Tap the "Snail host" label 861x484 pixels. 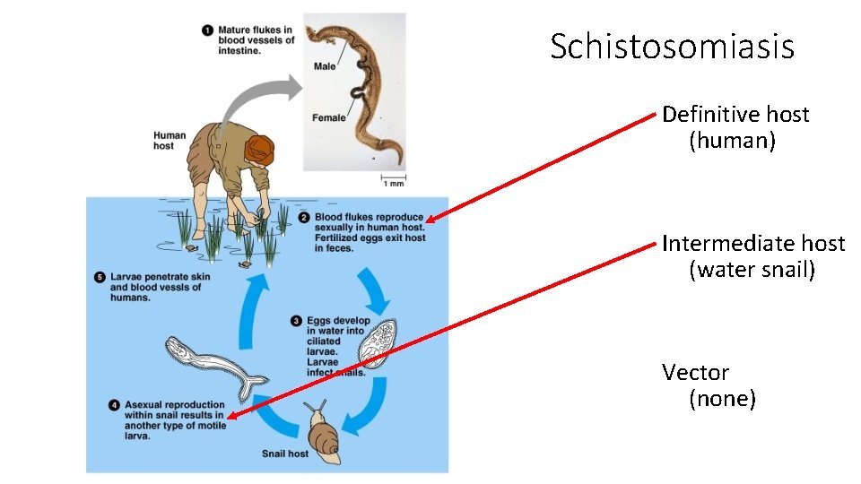(x=284, y=454)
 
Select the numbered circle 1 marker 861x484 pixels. (x=208, y=30)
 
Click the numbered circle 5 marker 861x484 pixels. (x=100, y=277)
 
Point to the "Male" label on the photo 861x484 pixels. (x=325, y=66)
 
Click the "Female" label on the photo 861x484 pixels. (x=328, y=117)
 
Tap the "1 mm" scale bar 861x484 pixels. (x=393, y=180)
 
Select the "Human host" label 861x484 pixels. (x=169, y=141)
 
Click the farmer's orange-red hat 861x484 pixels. (x=260, y=148)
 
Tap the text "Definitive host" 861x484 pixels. (x=735, y=115)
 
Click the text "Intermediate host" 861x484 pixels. (x=753, y=244)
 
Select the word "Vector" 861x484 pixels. (x=695, y=372)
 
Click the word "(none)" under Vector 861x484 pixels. (x=722, y=399)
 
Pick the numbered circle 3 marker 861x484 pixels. (x=297, y=321)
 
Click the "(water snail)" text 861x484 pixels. (x=752, y=270)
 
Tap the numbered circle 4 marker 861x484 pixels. (x=114, y=405)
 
